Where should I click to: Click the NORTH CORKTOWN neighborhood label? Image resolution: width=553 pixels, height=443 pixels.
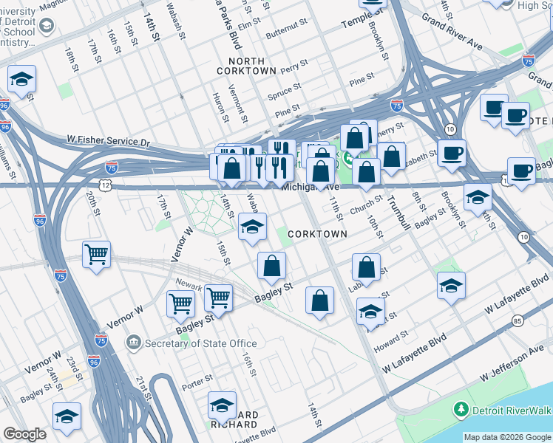pos(246,65)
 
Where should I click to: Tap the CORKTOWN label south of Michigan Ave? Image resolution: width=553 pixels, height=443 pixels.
pos(317,233)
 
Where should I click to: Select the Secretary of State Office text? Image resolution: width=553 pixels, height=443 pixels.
pos(201,343)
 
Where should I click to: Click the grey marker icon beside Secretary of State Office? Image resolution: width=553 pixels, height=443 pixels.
pos(134,342)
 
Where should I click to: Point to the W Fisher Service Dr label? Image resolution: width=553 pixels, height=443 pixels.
pos(108,140)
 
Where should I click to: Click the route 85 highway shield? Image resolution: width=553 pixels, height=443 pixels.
pos(517,320)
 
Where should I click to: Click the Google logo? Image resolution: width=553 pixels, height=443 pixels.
pos(24,434)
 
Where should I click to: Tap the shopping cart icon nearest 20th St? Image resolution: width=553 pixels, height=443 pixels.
pos(96,255)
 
